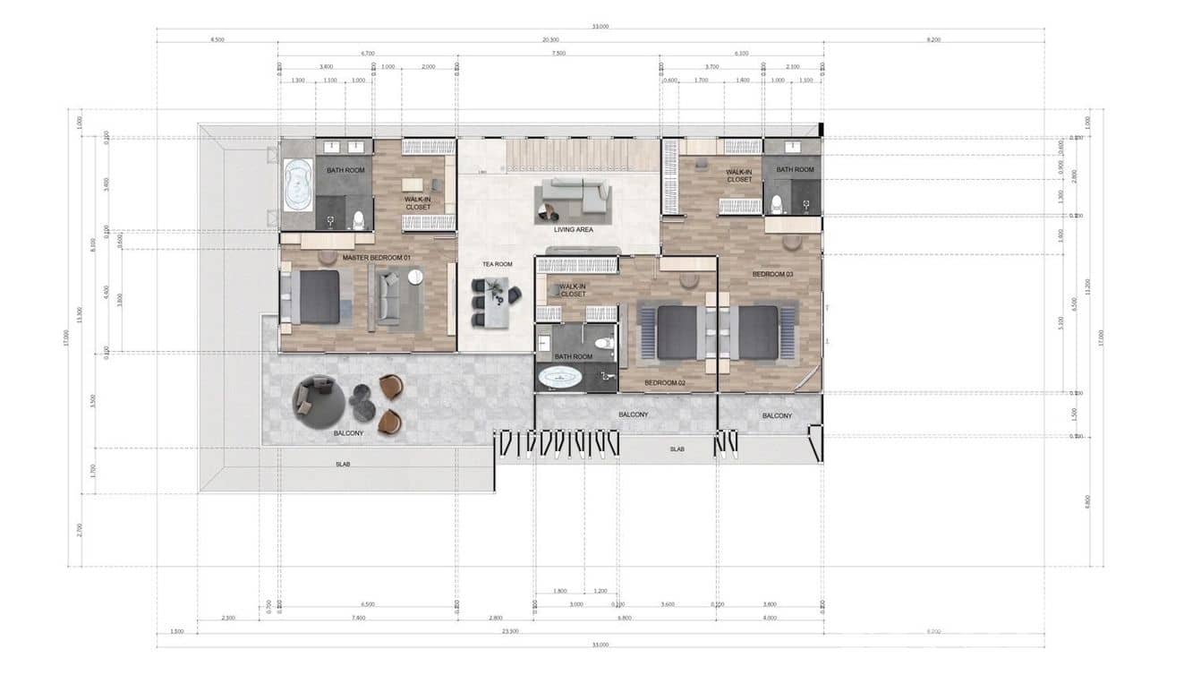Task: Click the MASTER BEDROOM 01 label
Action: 376,258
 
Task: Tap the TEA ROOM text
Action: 497,264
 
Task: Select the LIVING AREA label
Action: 573,230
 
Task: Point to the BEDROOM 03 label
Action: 772,274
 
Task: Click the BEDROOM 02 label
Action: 665,383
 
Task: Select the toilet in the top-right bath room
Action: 778,205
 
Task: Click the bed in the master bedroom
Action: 314,296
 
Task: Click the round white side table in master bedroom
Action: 415,277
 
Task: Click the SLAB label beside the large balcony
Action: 343,465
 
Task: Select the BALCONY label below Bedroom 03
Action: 777,415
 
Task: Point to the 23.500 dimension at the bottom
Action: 510,631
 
